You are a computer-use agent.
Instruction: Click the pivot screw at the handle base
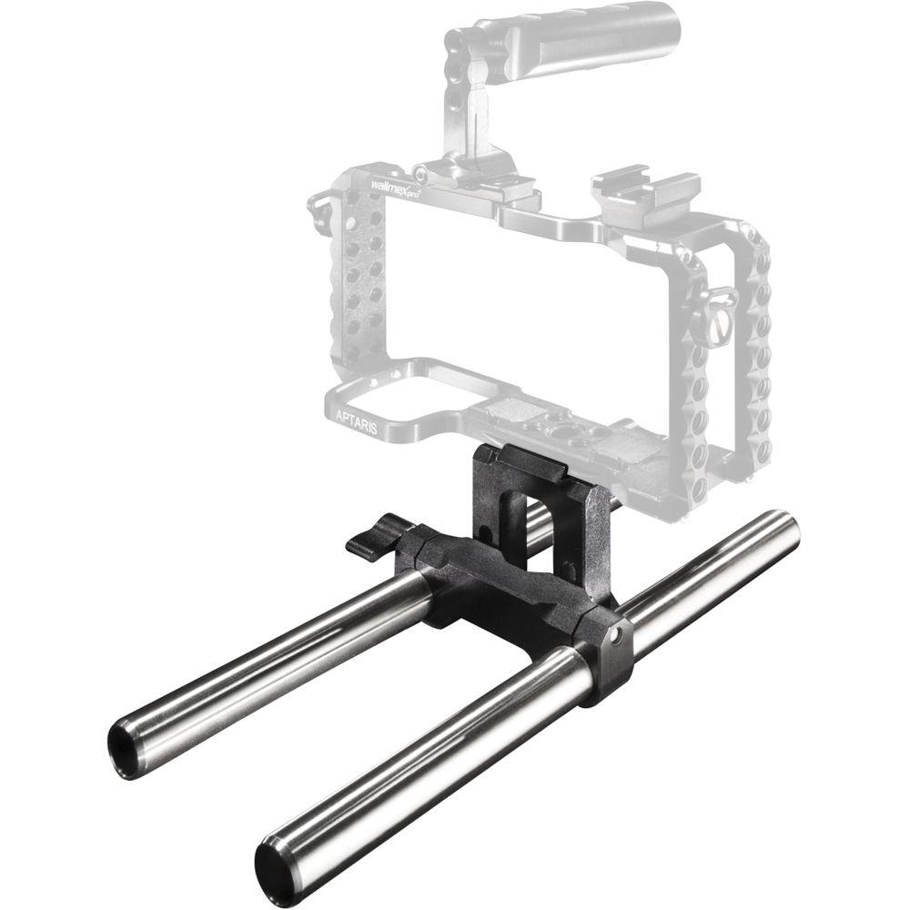point(421,173)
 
